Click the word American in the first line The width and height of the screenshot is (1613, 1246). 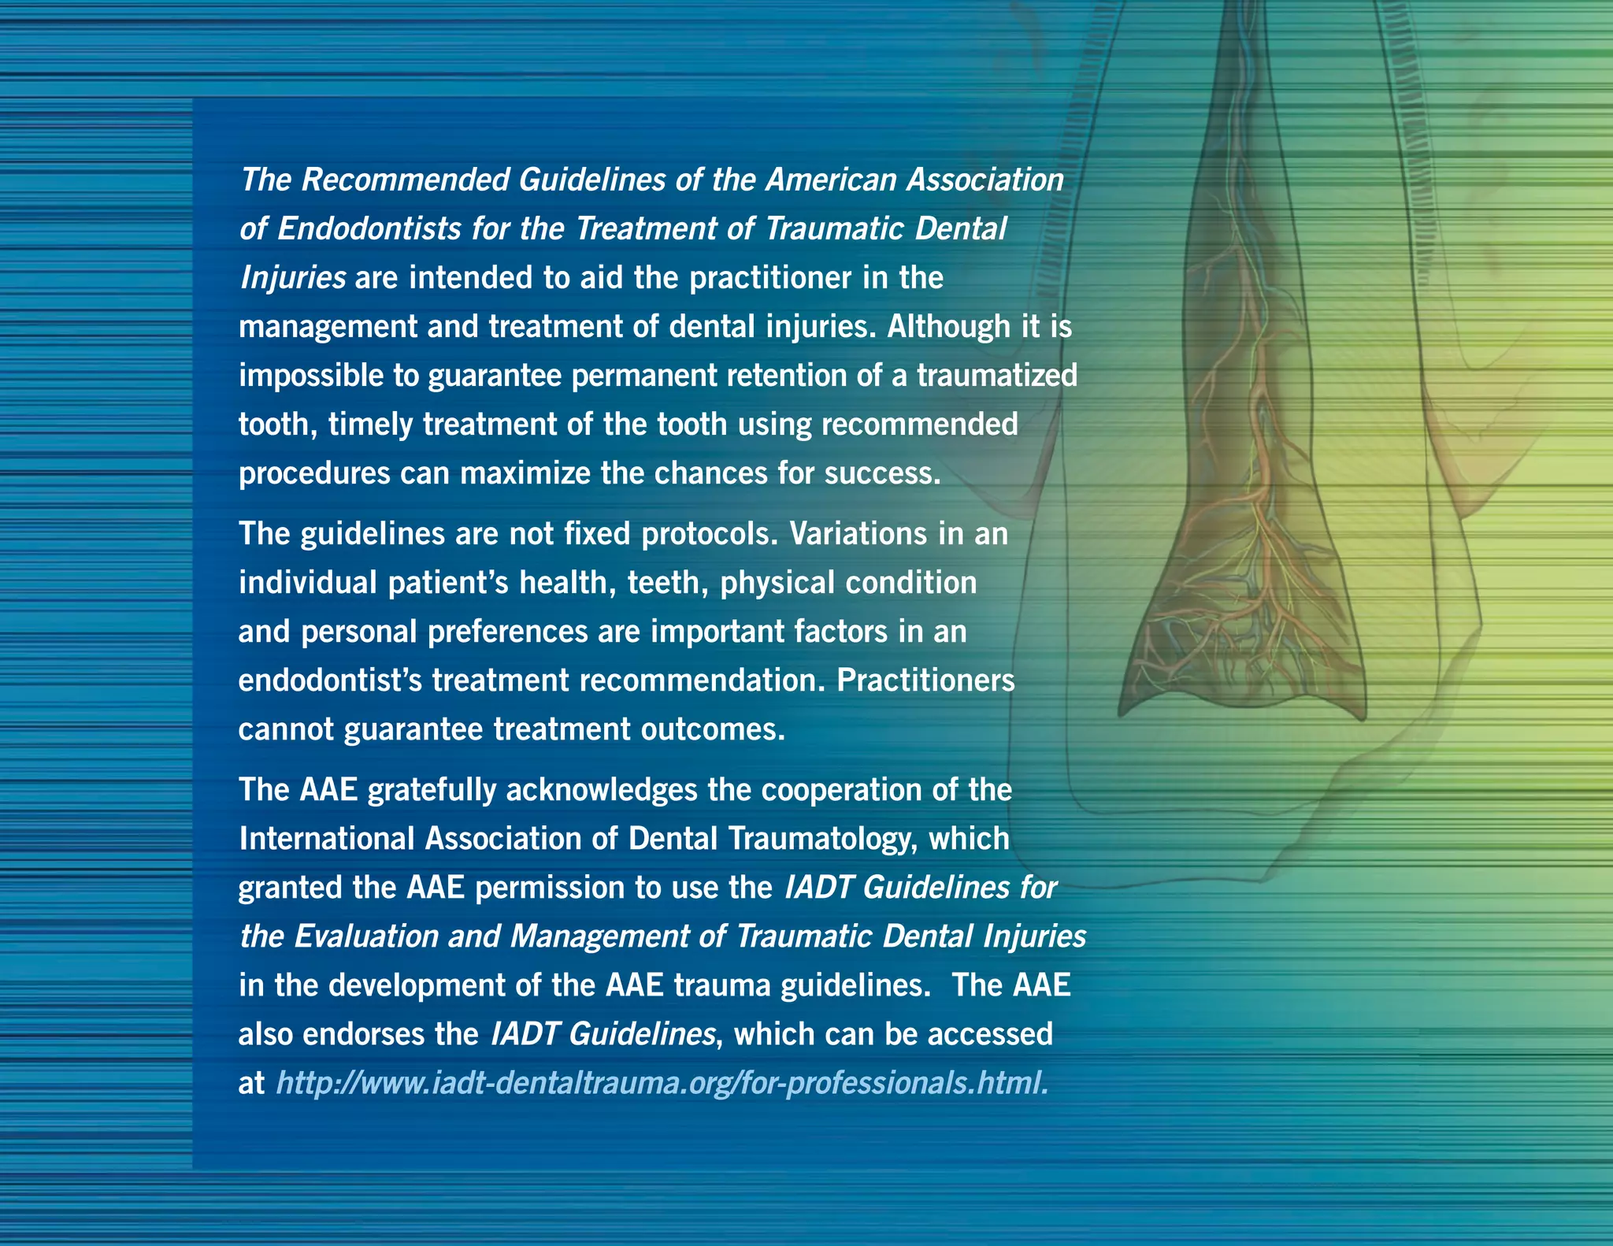coord(831,180)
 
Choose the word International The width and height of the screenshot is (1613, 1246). coord(327,839)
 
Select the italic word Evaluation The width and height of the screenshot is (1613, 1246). coord(366,936)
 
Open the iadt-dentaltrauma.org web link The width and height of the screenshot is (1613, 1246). coord(662,1083)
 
